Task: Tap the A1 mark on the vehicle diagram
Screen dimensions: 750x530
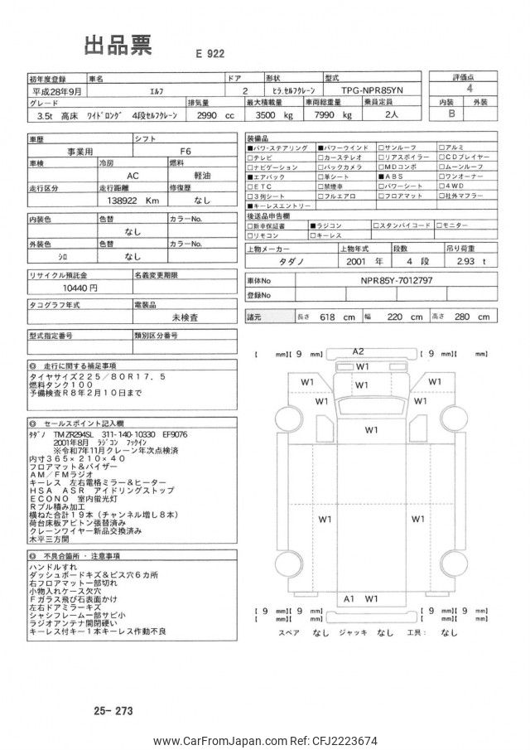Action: pyautogui.click(x=349, y=598)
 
